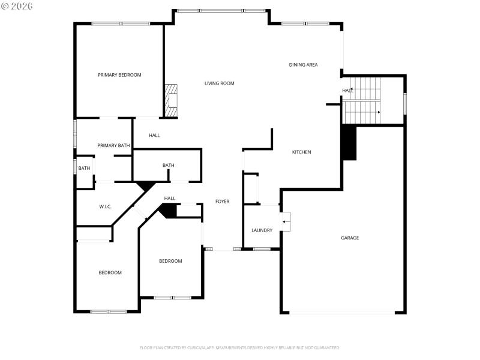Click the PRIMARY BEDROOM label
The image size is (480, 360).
coord(119,75)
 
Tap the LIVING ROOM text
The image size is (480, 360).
coord(219,83)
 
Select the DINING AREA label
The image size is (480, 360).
coord(303,65)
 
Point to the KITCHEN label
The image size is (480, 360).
coord(301,152)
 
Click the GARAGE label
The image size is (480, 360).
coord(350,238)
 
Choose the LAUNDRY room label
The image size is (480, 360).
coord(262,230)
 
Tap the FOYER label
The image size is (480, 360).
coord(222,202)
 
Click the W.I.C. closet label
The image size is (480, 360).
coord(105,207)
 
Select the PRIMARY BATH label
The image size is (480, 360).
coord(113,146)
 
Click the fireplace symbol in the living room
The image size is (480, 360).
coord(172,100)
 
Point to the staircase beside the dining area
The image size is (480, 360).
coord(361,101)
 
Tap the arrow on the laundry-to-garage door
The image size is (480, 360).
coord(286,222)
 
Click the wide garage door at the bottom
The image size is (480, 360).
coord(342,312)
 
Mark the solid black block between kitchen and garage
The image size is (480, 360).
coord(349,143)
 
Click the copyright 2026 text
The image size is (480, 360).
coord(17,6)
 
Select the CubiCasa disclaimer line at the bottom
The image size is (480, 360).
coord(240,347)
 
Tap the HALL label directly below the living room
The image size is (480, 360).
coord(154,136)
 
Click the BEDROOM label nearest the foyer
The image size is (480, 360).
coord(170,261)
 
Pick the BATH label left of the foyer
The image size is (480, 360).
coord(168,166)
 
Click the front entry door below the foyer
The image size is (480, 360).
coord(223,249)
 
